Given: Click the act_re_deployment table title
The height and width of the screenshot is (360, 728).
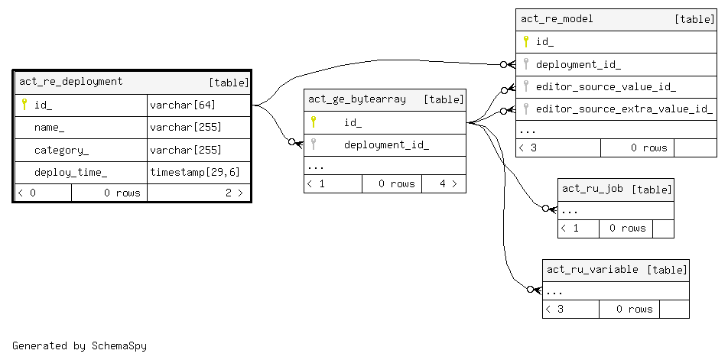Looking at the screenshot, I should pos(70,82).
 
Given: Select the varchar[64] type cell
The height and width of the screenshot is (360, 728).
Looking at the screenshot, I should pos(182,105).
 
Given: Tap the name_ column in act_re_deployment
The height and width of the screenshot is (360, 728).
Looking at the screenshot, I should pos(50,127).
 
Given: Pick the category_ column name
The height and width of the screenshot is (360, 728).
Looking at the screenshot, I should pos(61,150).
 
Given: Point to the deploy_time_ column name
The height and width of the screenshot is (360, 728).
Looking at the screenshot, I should pos(70,172).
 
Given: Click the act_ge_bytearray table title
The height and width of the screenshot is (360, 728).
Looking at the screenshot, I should pos(357,99).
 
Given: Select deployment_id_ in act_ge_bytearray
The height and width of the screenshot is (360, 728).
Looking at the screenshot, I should pos(386,144).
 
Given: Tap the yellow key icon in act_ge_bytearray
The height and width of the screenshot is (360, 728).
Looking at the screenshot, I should pos(313,122).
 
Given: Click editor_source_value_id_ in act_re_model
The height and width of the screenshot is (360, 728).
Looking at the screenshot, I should pos(606,86).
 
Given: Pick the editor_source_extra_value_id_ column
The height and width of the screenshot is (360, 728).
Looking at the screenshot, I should pos(624,109).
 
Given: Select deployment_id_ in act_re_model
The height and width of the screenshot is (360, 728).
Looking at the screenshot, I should pos(578,64).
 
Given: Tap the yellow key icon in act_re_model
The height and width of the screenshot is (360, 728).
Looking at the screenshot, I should pos(525,41).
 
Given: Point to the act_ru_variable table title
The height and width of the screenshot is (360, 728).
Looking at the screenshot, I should pos(593,269).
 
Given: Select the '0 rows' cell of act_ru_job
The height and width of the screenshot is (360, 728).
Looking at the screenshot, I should pos(627,228).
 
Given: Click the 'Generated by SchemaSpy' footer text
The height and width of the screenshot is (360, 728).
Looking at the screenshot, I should pos(80,345).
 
